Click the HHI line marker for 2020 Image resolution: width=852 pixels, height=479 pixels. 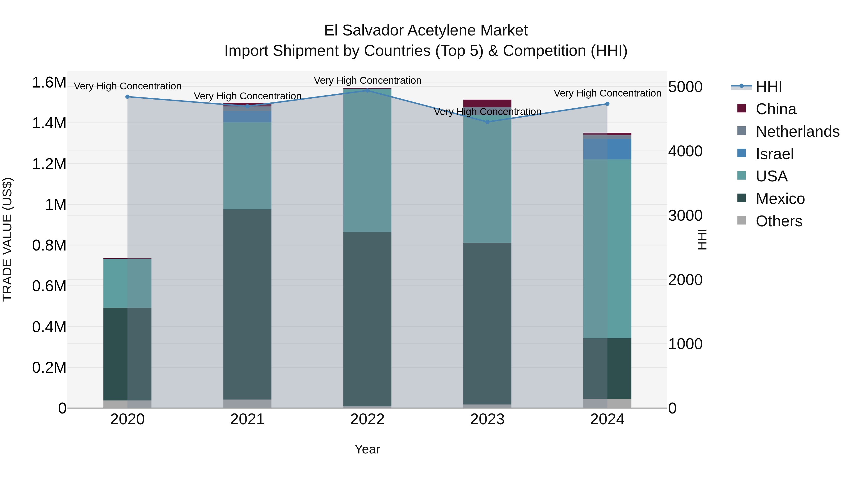tap(127, 97)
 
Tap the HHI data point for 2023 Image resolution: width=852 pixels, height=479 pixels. tap(487, 122)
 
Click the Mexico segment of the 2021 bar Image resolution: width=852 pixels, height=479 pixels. tap(247, 304)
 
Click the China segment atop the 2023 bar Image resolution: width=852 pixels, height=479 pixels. tap(487, 103)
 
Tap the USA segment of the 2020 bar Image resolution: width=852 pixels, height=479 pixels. tap(127, 283)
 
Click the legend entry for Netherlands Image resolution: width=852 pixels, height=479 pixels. tap(797, 132)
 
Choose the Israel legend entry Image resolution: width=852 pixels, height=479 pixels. tap(774, 154)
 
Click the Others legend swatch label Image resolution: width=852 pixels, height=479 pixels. tap(779, 221)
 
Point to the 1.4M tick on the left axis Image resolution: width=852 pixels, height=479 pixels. tap(49, 123)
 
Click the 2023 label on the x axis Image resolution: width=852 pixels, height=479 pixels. tap(487, 419)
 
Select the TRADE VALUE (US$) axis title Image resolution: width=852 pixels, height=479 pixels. tap(7, 239)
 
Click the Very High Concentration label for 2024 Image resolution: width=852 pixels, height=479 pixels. tap(607, 93)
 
